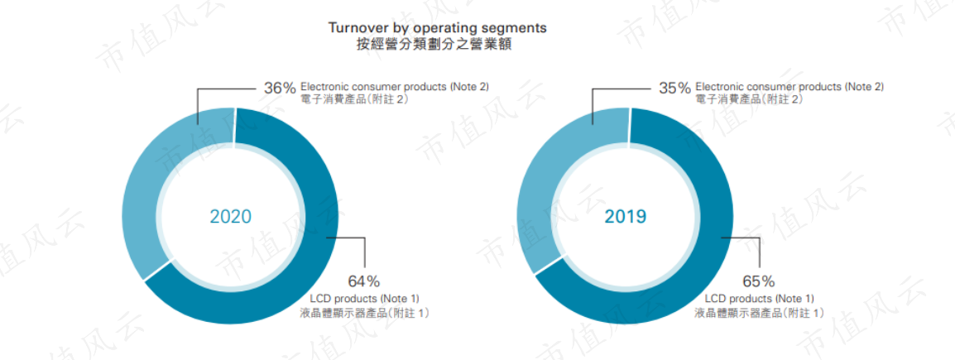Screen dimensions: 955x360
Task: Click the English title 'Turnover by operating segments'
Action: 437,28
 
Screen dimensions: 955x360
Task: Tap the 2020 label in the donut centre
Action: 231,217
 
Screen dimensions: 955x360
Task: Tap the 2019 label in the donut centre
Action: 626,216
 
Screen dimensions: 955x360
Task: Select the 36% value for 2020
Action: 280,88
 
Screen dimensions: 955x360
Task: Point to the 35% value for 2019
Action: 674,88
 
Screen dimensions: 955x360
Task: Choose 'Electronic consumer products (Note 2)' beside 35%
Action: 789,87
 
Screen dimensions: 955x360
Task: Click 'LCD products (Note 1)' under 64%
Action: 365,299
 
